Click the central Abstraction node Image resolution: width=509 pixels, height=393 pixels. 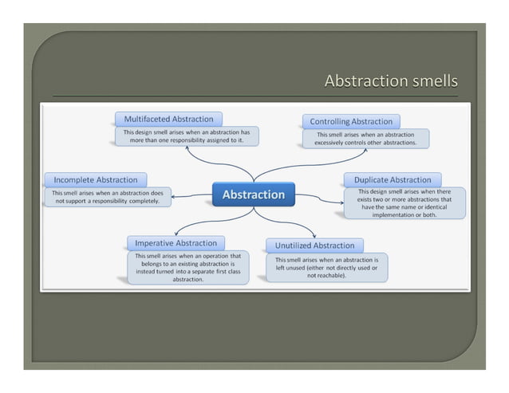coord(253,195)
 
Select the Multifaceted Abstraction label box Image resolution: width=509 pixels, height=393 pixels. coord(168,119)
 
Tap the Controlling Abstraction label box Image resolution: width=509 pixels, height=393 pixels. coord(350,121)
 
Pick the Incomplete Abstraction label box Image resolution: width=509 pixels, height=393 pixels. coord(95,179)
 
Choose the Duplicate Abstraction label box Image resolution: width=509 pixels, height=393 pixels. coord(392,179)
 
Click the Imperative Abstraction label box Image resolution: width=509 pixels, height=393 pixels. coord(176,242)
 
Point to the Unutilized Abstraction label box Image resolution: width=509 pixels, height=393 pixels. coord(314,245)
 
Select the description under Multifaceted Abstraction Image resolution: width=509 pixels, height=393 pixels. coord(187,136)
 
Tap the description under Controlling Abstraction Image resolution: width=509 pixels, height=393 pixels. coord(365,138)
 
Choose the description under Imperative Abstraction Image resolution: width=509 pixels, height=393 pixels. coord(188,267)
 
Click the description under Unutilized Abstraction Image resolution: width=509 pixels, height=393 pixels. coord(326,269)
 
